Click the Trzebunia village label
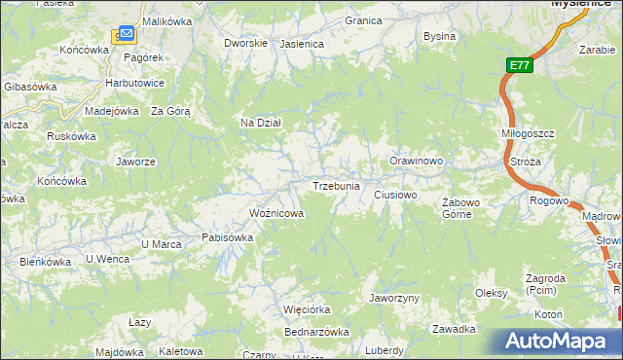tap(336, 185)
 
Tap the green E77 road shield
tap(519, 66)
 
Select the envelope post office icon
tap(126, 36)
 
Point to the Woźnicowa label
tap(276, 212)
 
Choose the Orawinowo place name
tap(417, 161)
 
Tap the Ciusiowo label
tap(396, 195)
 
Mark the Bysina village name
tap(439, 36)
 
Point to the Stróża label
tap(525, 162)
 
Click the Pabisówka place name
tap(227, 236)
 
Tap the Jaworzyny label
tap(394, 297)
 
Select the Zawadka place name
tap(455, 328)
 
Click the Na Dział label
tap(261, 123)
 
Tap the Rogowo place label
tap(549, 200)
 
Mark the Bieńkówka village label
tap(41, 261)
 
